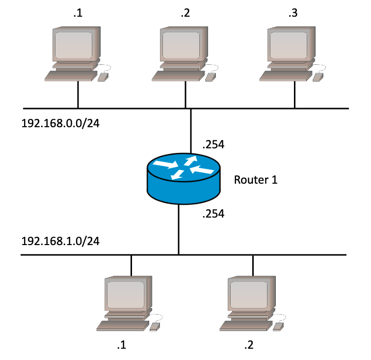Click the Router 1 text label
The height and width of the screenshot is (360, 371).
[256, 180]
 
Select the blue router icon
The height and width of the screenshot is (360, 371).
[184, 179]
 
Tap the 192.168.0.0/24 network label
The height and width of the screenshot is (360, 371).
[60, 123]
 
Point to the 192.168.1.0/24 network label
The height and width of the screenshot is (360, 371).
[60, 241]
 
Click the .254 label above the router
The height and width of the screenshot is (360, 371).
[213, 144]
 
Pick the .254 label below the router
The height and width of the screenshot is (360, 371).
[213, 214]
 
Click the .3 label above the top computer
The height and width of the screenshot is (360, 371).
[293, 13]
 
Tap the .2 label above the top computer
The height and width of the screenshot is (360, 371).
[185, 13]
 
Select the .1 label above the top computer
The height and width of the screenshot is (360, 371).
[78, 13]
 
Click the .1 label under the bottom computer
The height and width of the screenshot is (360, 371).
[122, 345]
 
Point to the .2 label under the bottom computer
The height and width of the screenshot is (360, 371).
[249, 345]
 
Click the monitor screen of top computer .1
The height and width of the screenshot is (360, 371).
[73, 46]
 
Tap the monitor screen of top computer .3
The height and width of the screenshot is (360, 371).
[289, 46]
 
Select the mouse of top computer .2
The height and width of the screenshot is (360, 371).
[211, 77]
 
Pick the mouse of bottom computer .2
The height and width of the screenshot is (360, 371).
[278, 327]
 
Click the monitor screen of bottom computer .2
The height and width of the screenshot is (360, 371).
[249, 295]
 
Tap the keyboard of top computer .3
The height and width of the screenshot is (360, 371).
[286, 76]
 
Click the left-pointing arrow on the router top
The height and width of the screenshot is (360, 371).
[202, 169]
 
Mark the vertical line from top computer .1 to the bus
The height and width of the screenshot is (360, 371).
[78, 95]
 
